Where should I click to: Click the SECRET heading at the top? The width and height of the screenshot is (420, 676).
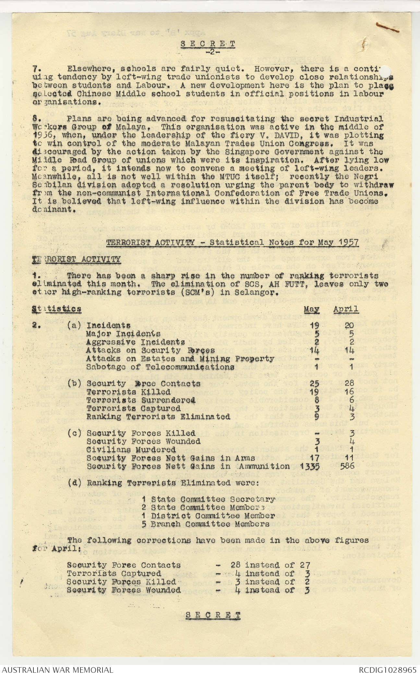tap(208, 44)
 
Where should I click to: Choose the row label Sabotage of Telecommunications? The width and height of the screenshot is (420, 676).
tap(160, 367)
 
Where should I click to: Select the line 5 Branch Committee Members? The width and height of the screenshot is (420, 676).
tap(206, 524)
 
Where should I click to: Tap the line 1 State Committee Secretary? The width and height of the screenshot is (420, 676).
tap(209, 499)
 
